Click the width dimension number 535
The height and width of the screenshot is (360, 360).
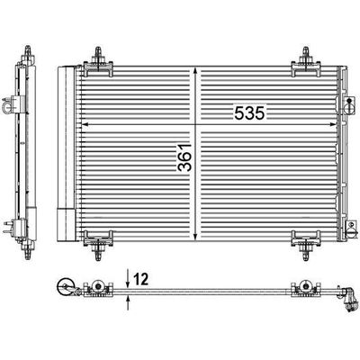pos(250,113)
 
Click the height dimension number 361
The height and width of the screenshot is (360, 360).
pos(184,157)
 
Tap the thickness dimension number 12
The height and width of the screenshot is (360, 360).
pos(140,280)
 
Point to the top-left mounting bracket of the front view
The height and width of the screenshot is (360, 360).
pos(98,64)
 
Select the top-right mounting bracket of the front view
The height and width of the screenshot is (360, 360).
pos(306,64)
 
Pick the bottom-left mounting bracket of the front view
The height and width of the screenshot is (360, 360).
pos(98,244)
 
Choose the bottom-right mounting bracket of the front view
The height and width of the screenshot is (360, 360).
pos(306,244)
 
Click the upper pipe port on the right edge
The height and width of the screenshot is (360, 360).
pos(349,105)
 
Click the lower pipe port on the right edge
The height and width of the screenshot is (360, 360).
pos(351,230)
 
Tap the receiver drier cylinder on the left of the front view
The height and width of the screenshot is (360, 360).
pos(66,154)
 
